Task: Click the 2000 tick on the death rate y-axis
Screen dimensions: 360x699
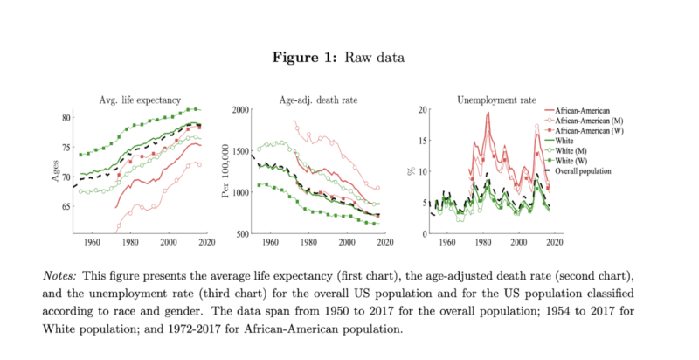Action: point(237,110)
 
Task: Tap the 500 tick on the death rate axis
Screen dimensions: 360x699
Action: point(239,235)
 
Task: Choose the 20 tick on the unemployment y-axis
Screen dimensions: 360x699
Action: point(422,110)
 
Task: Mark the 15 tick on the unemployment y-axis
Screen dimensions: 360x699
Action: point(422,142)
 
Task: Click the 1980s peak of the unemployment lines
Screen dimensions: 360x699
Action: point(488,113)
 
